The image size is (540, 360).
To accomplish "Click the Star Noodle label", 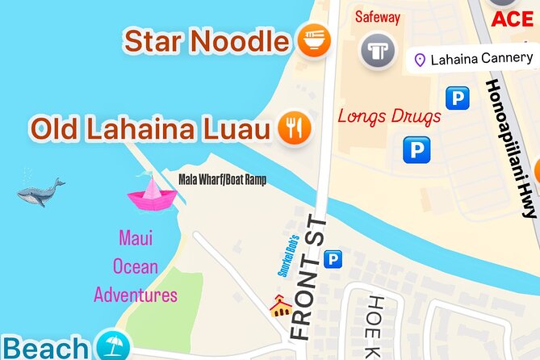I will [207, 40].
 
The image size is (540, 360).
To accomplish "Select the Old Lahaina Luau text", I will [149, 128].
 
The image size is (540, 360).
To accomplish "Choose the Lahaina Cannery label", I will [481, 58].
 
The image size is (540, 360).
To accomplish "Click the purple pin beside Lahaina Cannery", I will [420, 59].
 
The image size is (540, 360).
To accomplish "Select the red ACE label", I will [513, 19].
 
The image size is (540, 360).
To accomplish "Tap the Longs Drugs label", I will [389, 115].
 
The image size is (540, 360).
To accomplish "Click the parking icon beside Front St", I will [332, 259].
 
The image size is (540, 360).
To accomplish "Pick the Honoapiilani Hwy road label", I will [513, 149].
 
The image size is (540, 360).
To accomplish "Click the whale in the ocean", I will [40, 192].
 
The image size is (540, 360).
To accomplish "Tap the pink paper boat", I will [151, 194].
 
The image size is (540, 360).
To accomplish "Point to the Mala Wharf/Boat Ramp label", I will [222, 178].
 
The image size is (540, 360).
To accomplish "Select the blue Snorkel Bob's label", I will [288, 255].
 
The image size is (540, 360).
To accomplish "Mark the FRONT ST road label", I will [308, 277].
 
